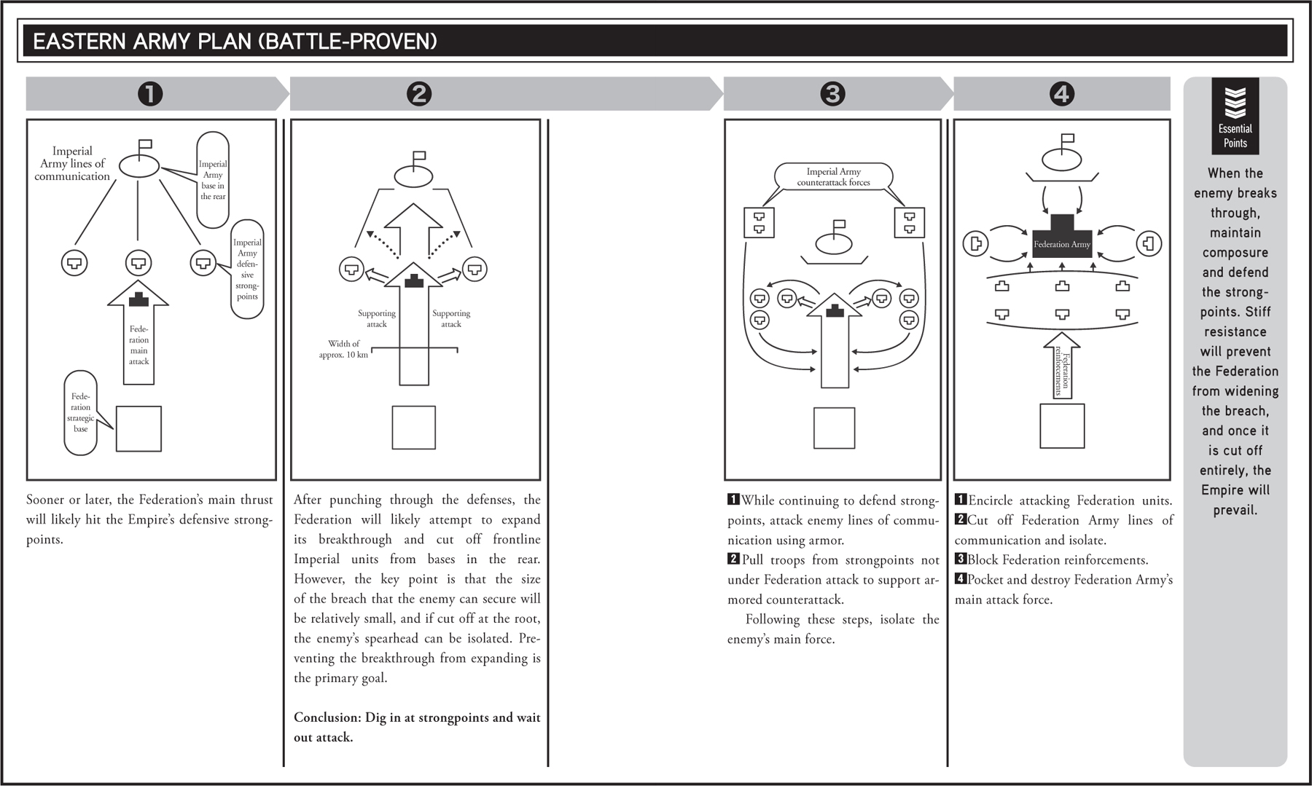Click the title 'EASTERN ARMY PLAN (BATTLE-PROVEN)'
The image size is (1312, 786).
235,42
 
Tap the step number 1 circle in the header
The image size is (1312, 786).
150,94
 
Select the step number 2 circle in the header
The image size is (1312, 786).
419,94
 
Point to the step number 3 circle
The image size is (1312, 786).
832,94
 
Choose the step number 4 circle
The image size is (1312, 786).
1061,94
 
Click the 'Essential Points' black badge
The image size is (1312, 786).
1235,117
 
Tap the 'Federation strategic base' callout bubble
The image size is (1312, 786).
81,413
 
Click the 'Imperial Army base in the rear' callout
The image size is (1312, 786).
213,180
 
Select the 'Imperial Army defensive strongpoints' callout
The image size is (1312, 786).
247,269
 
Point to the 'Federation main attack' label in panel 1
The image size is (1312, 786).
138,345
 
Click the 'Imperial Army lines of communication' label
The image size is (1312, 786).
72,164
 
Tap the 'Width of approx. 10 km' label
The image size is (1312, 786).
344,349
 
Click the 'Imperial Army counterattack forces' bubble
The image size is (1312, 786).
833,177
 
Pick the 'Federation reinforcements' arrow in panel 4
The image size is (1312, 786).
1063,366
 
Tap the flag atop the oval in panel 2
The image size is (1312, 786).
419,157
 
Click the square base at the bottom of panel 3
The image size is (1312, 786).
834,428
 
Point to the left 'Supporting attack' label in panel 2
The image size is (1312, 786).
377,318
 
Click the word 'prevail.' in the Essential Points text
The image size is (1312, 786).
1235,510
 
